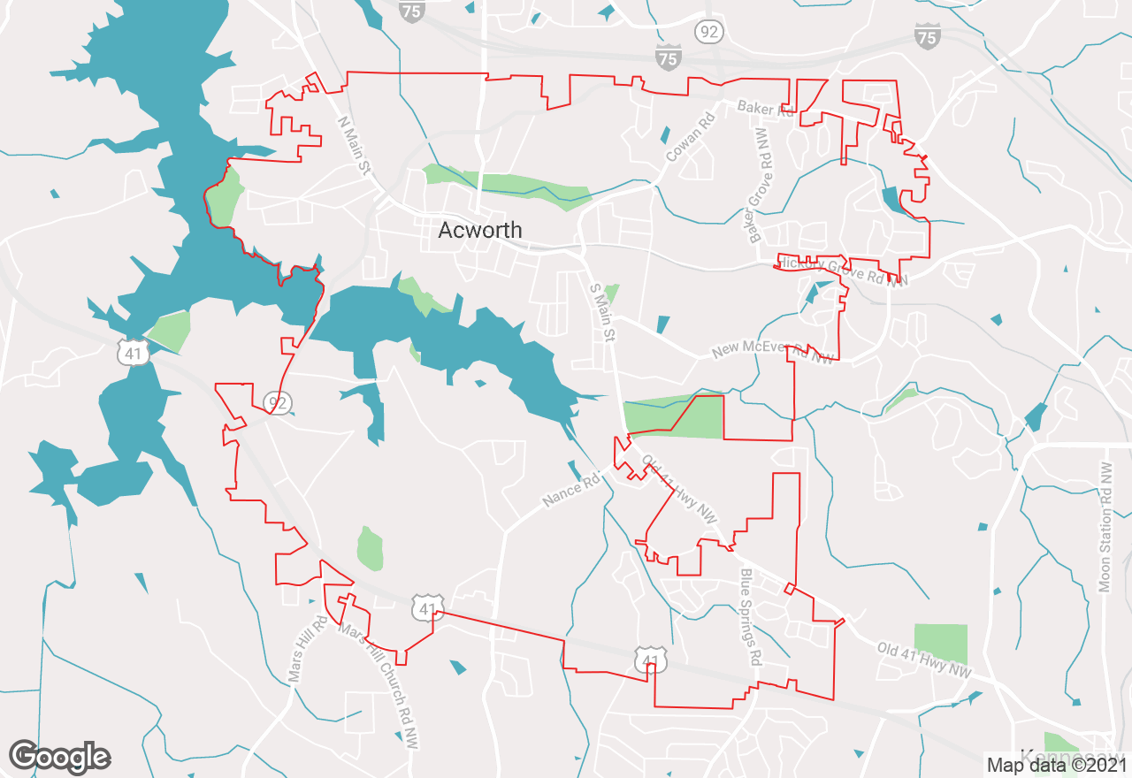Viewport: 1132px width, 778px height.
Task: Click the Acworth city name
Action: point(480,231)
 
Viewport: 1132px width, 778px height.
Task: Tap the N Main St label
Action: point(355,147)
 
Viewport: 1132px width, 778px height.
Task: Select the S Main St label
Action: point(602,312)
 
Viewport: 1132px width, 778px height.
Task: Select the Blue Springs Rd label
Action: point(751,616)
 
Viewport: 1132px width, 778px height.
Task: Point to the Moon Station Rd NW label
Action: point(1105,527)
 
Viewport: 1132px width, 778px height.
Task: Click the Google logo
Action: point(59,757)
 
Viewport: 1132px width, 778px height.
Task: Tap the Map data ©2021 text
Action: point(1057,765)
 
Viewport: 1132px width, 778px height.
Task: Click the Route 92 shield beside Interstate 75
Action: point(710,33)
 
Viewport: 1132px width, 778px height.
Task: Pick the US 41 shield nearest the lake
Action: point(134,354)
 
